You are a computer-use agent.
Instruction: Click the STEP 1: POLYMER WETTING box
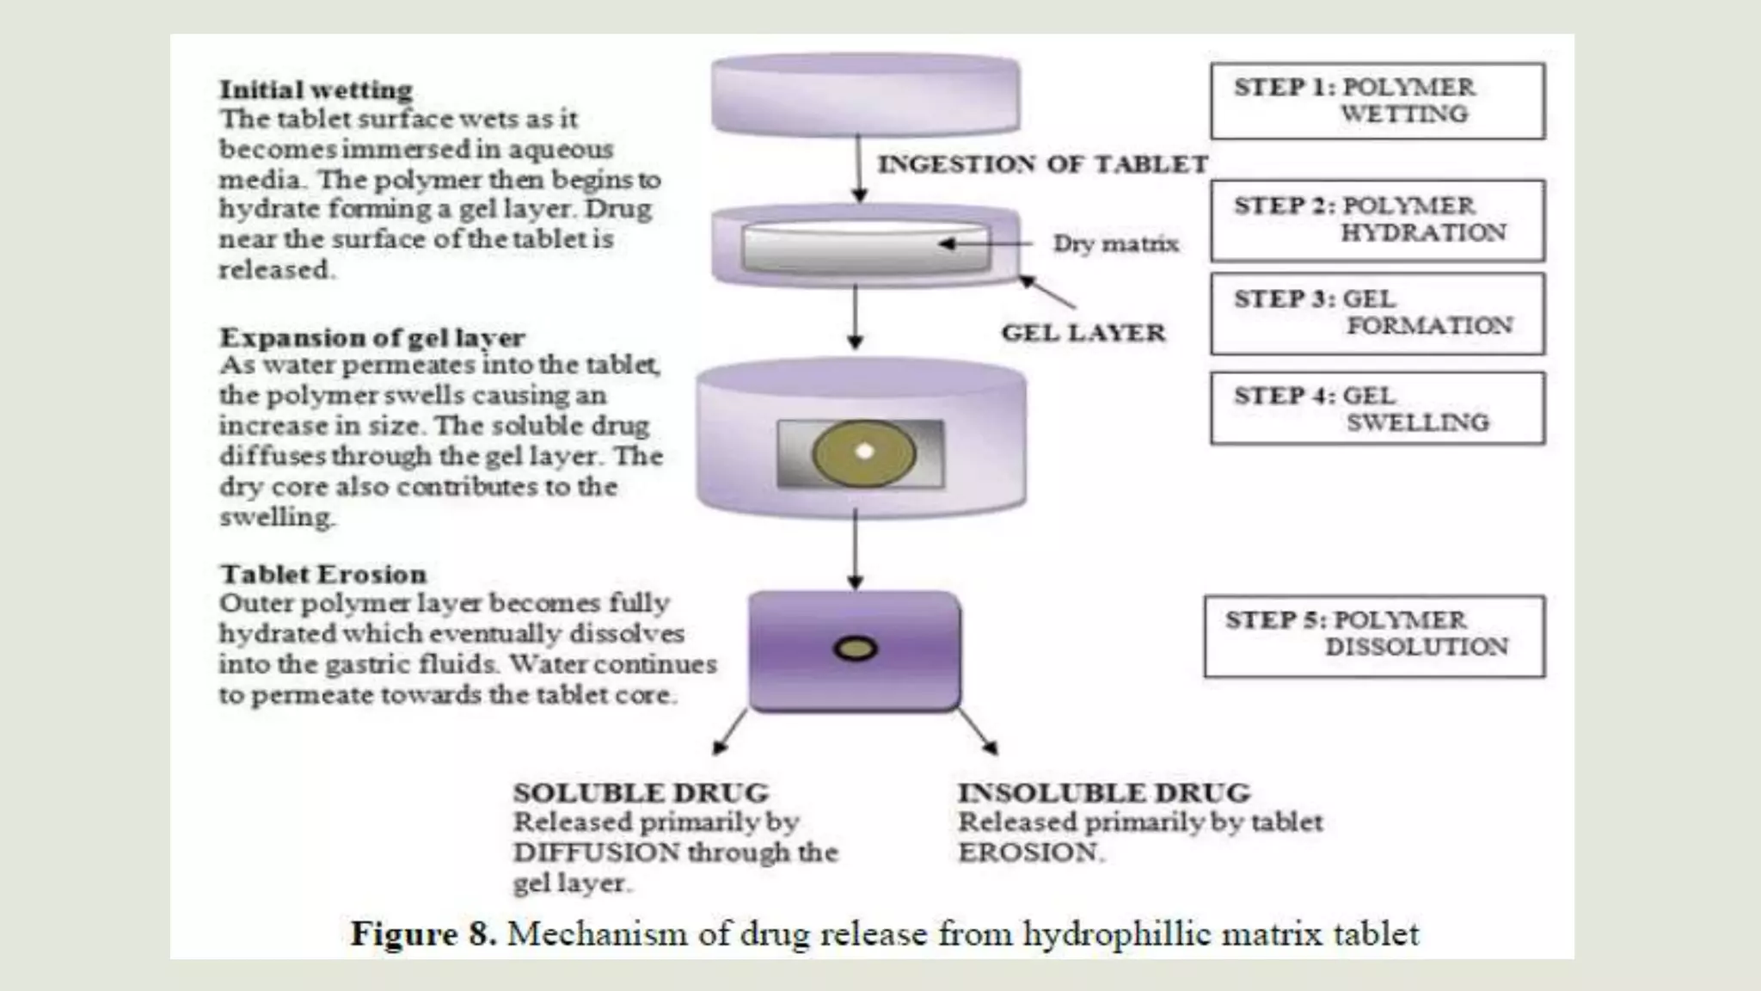tap(1378, 101)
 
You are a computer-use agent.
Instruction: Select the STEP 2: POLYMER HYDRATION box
tap(1378, 220)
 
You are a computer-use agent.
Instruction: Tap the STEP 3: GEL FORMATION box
tap(1378, 313)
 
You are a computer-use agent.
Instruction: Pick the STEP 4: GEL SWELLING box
tap(1378, 409)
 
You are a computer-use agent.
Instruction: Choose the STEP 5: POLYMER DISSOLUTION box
tap(1374, 636)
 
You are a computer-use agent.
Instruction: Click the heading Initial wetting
tap(316, 89)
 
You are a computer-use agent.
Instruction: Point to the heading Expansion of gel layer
tap(371, 336)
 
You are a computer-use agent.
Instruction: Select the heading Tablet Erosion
tap(323, 574)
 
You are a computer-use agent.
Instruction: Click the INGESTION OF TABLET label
tap(1042, 164)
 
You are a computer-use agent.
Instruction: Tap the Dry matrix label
tap(1115, 244)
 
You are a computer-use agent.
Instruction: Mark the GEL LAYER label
tap(1083, 333)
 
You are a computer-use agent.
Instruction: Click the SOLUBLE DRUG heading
tap(641, 792)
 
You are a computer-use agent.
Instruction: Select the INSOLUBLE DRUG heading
tap(1104, 792)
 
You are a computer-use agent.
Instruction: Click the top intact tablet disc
tap(865, 95)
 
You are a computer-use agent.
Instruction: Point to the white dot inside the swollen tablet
tap(865, 452)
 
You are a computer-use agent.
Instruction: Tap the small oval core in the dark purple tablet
tap(855, 649)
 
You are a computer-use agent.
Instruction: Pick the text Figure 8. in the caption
tap(423, 934)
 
